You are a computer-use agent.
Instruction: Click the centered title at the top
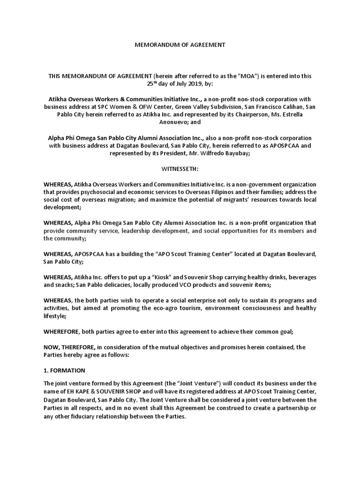click(180, 45)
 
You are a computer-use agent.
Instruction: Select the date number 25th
click(152, 84)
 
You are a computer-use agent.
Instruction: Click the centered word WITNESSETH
click(180, 168)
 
